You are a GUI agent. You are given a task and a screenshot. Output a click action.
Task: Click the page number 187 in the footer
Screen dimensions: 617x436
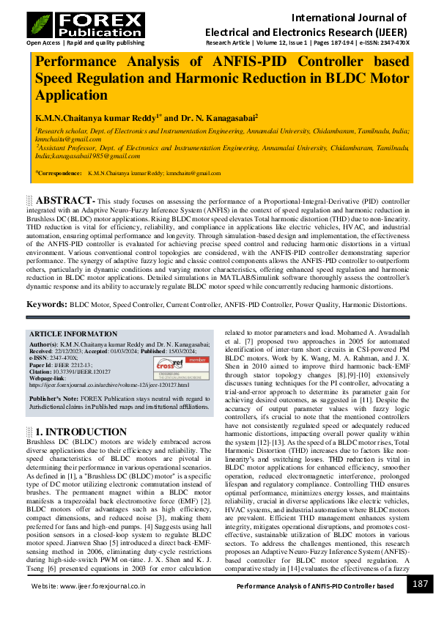click(x=420, y=584)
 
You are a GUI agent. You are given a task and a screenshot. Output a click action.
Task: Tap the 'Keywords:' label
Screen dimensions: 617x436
click(x=47, y=303)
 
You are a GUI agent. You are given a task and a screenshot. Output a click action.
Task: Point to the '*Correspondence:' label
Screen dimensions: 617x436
click(x=59, y=174)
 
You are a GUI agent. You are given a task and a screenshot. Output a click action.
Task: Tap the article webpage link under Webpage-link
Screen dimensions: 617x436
click(x=108, y=384)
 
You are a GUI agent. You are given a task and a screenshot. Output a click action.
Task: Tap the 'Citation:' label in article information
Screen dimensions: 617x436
click(x=42, y=372)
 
